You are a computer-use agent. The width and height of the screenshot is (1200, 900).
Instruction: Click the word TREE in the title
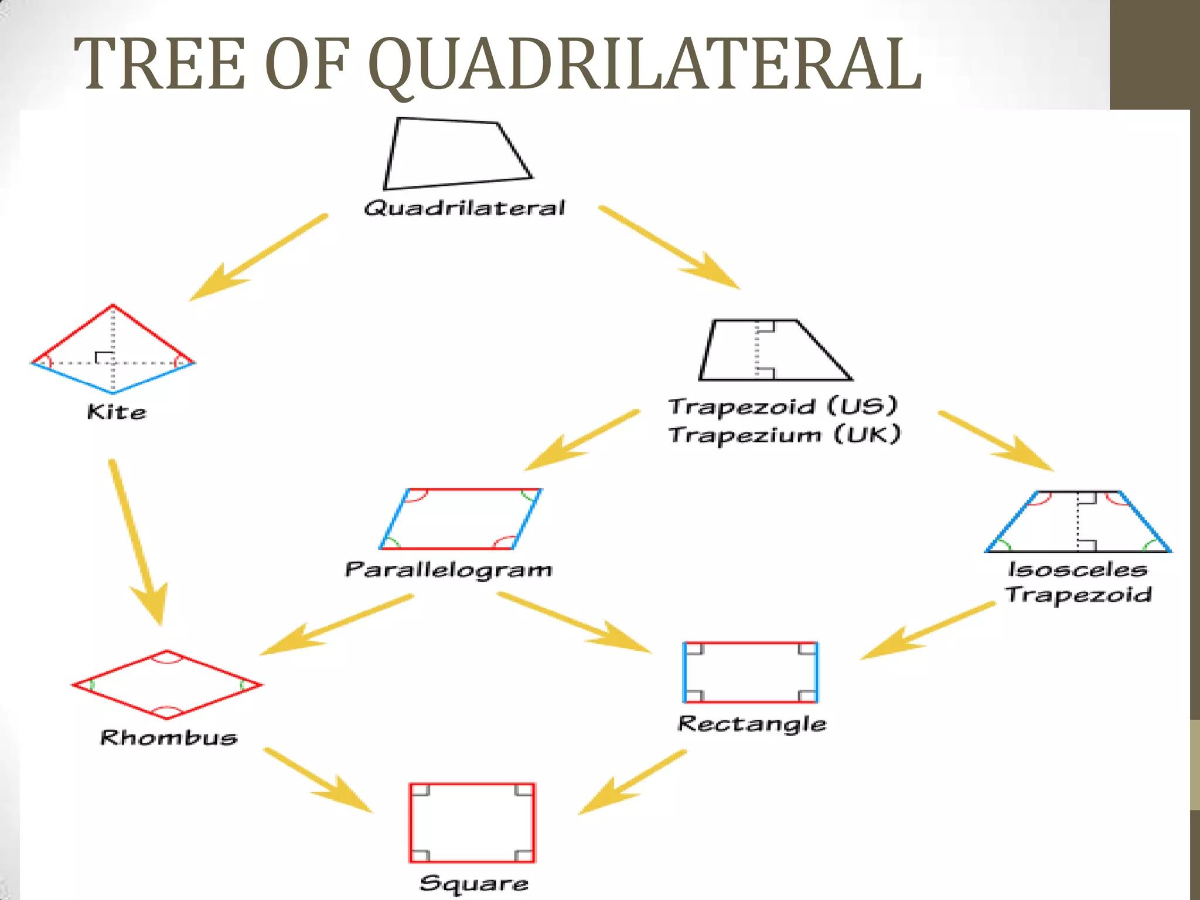(159, 64)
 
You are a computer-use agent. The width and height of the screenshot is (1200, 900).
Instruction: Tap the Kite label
(117, 412)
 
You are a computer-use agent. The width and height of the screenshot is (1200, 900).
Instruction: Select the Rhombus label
(169, 737)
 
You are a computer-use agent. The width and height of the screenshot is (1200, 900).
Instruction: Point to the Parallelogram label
(448, 570)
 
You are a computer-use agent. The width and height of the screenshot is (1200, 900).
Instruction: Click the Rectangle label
(752, 724)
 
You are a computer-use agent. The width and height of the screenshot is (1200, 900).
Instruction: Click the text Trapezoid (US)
(783, 406)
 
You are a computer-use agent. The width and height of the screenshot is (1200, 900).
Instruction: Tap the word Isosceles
(1077, 569)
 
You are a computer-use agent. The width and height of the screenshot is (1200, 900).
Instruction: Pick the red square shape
(472, 823)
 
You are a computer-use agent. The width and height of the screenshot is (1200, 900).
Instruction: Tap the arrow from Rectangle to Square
(633, 782)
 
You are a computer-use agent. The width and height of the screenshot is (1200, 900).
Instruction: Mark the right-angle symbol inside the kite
(103, 357)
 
